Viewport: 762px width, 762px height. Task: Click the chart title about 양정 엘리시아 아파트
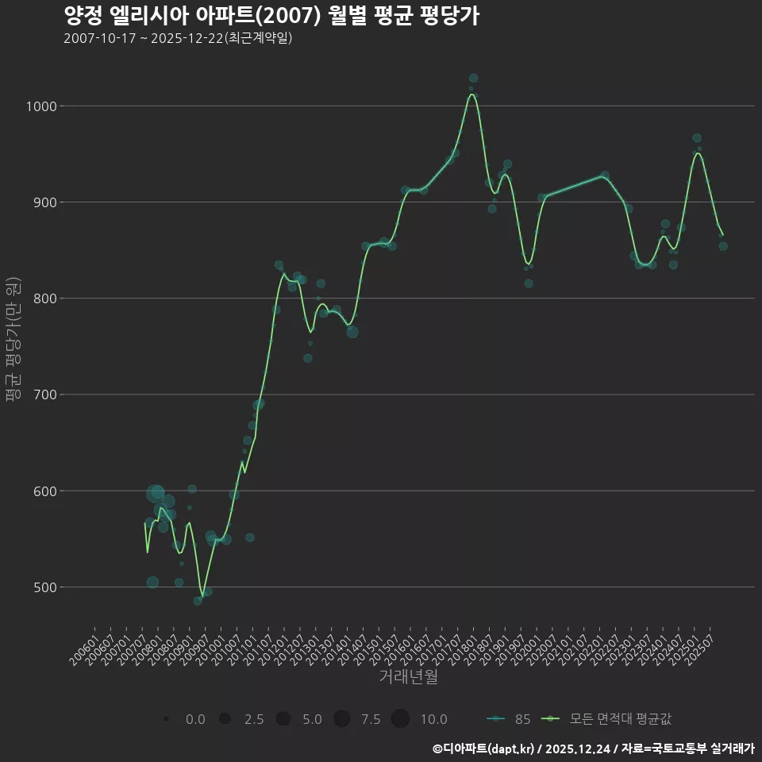[x=271, y=16]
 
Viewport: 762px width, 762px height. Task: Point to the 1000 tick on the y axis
[x=40, y=106]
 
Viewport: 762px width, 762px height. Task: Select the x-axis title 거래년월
[x=408, y=677]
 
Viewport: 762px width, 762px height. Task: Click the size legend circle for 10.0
[x=400, y=719]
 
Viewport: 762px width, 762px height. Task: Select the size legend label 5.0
[x=312, y=719]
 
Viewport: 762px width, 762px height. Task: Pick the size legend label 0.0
[x=195, y=719]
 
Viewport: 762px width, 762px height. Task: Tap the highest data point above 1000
[x=473, y=79]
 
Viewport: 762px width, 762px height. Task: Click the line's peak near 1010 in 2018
[x=472, y=94]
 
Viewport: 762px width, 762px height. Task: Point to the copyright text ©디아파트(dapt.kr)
[x=484, y=748]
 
